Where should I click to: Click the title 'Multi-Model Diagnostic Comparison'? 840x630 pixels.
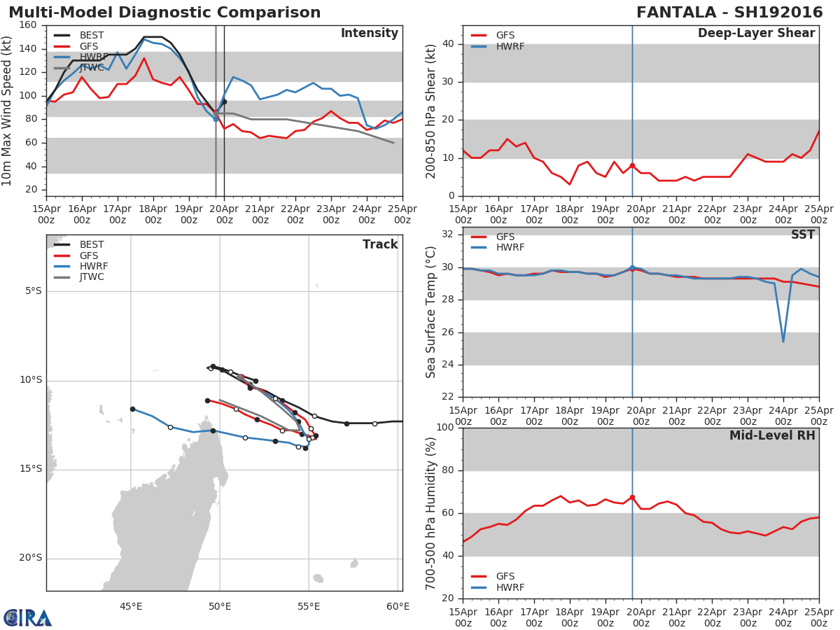(164, 13)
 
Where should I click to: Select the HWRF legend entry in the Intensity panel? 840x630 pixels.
(92, 57)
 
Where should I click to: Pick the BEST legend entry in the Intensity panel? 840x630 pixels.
(92, 35)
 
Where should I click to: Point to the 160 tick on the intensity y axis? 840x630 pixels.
(29, 25)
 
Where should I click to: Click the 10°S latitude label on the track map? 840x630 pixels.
(30, 380)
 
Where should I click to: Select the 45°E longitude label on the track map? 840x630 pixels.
(131, 606)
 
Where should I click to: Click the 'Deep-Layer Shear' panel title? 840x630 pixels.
(756, 34)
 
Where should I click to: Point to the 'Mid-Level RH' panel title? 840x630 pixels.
(772, 435)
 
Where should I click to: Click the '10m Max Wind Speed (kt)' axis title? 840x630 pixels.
(8, 111)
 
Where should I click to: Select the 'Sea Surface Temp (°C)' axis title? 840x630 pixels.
(431, 312)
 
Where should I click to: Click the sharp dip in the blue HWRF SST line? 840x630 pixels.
(783, 341)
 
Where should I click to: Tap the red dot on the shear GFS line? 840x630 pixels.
(632, 166)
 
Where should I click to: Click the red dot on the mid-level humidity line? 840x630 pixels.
(632, 497)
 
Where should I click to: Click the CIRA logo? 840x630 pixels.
(28, 618)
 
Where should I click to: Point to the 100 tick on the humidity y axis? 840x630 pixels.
(444, 428)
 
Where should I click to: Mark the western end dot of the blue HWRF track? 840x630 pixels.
(132, 409)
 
